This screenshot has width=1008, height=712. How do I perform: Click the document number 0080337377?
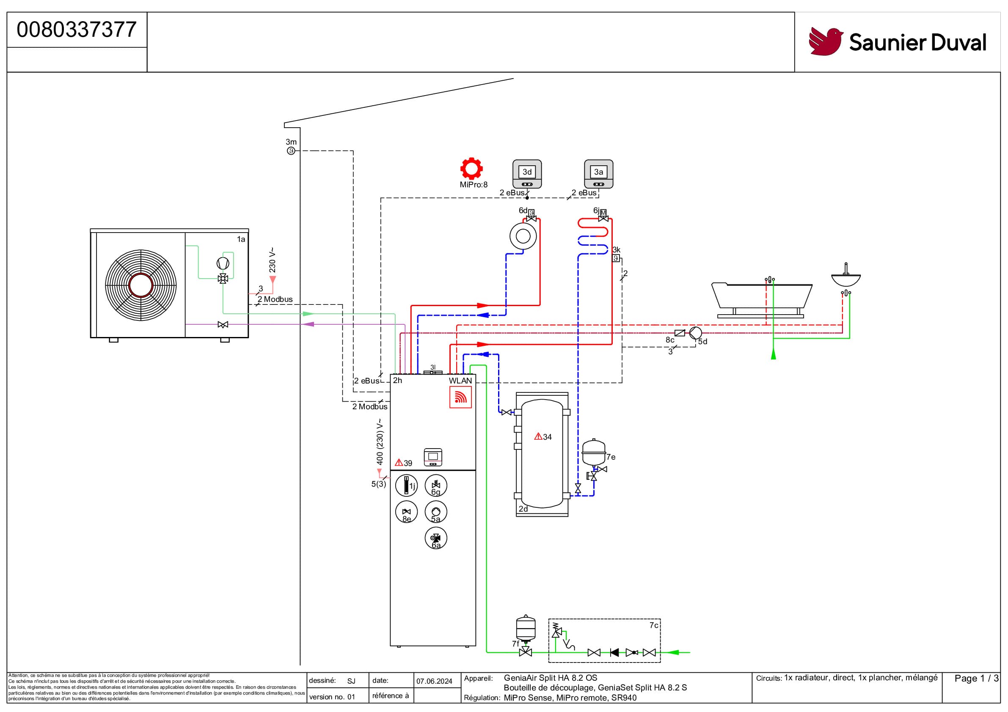tap(77, 30)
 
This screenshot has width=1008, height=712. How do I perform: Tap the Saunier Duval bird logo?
tap(825, 42)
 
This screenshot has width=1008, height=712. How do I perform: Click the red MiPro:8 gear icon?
tap(471, 168)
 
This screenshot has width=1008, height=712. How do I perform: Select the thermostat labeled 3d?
tap(527, 174)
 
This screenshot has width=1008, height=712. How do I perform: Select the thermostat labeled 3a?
tap(598, 174)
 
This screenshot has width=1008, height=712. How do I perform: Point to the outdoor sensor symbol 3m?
tap(291, 151)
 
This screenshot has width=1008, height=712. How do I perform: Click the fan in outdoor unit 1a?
tap(140, 285)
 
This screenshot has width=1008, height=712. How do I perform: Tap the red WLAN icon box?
tap(460, 397)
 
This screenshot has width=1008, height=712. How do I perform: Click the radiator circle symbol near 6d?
tap(523, 236)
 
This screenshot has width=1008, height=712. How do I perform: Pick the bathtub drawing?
tap(761, 296)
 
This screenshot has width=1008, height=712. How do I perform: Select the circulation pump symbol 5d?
tap(695, 333)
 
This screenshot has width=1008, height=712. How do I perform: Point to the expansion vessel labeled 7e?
tap(594, 453)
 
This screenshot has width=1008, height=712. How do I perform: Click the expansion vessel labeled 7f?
tap(526, 628)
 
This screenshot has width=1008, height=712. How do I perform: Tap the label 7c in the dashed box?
tap(654, 625)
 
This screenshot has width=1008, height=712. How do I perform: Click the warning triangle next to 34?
tap(538, 436)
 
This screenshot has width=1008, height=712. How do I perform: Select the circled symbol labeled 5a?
tap(436, 512)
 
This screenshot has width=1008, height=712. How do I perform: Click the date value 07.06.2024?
tap(434, 681)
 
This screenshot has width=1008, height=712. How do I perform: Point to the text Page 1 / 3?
tap(976, 679)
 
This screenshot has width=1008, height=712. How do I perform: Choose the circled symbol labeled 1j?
tap(406, 486)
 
